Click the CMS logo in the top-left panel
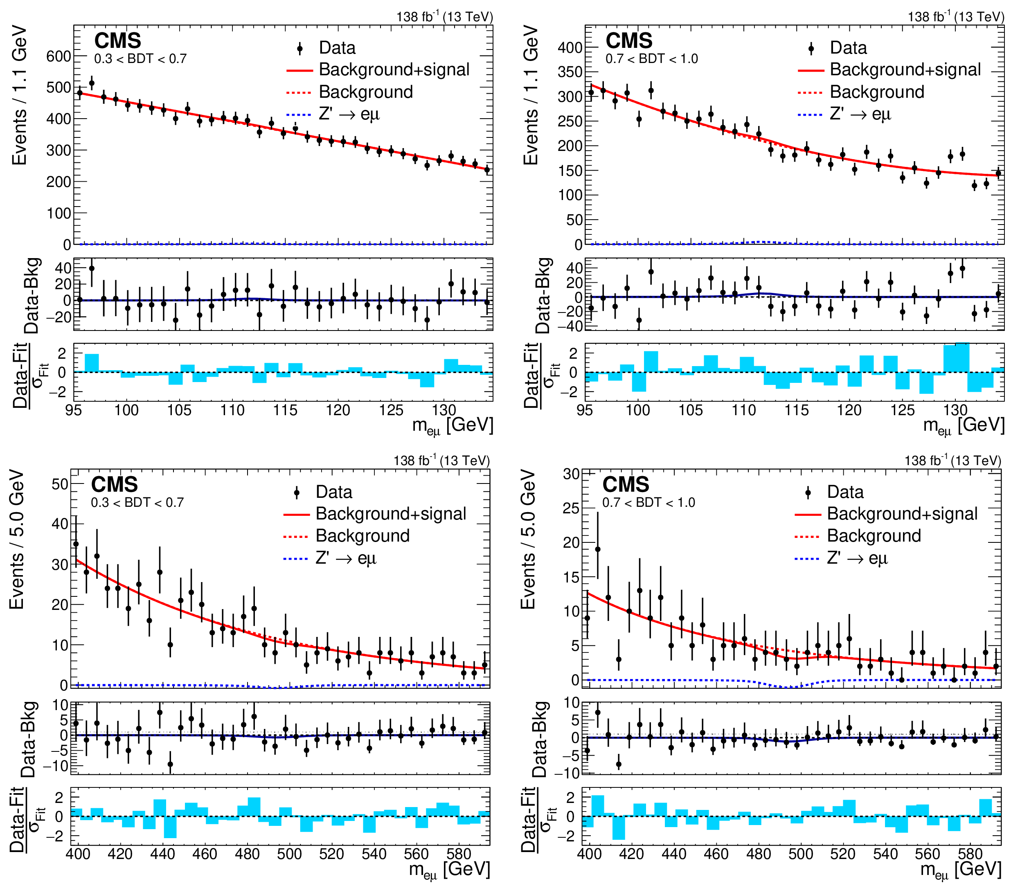118,40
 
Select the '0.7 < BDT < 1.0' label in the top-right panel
652,59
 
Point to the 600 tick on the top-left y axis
59,56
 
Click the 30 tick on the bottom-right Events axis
571,474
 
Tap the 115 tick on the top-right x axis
797,410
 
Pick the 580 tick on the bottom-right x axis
970,855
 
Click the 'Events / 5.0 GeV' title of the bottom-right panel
529,540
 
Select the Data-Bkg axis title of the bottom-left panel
29,739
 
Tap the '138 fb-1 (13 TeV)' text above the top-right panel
956,17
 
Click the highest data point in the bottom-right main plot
598,549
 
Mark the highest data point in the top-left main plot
92,83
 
